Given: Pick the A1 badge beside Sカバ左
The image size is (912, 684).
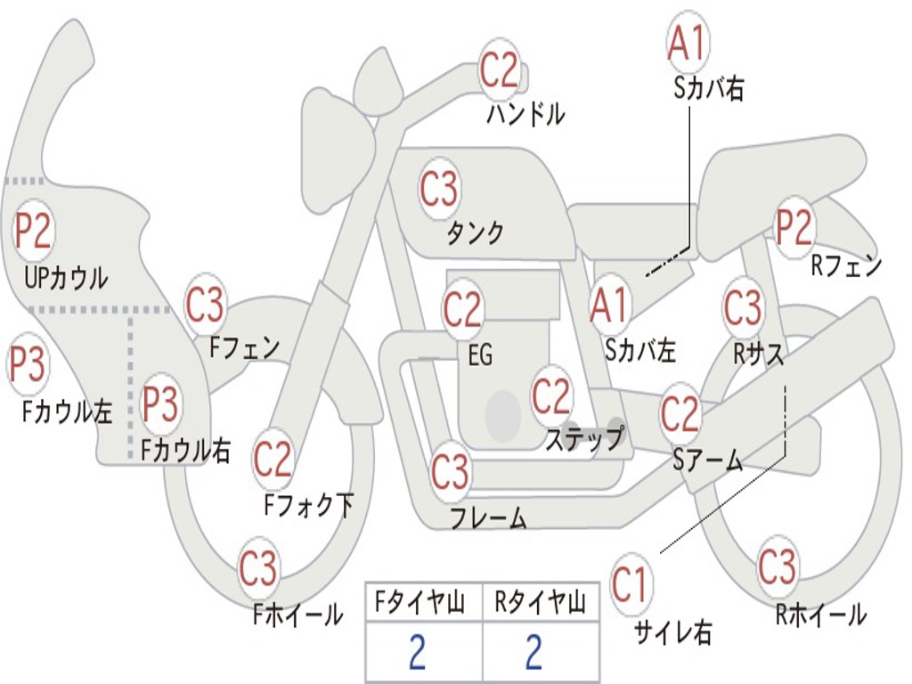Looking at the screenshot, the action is tap(610, 304).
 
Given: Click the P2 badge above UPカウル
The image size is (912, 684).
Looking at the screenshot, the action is tap(34, 231).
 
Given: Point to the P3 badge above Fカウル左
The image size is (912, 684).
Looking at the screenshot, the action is tap(28, 364).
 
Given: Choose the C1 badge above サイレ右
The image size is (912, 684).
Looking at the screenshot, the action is tap(631, 584).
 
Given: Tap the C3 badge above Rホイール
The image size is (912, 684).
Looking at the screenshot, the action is tap(778, 566).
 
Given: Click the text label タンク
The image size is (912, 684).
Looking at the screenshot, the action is tap(475, 233).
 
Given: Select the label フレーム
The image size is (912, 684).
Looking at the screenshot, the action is tap(488, 517).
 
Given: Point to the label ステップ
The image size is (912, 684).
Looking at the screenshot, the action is tap(585, 439).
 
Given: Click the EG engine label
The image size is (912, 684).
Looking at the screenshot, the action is tap(480, 355).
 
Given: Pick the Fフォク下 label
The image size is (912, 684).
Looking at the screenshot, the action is tap(309, 505).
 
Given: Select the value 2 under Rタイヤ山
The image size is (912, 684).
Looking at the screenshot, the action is tap(533, 654).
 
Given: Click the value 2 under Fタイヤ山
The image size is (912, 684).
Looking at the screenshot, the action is tap(417, 654).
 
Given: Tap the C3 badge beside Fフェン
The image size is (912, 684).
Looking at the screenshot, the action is tap(206, 305).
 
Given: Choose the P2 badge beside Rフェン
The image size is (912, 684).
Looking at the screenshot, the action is tap(794, 228).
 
